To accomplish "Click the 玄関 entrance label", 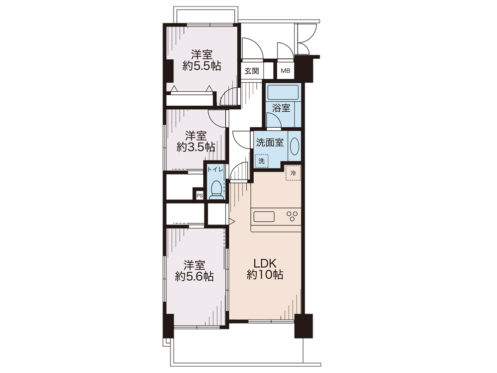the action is point(252,71).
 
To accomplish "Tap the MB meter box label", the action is point(285,71).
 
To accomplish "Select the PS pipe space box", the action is point(199,195).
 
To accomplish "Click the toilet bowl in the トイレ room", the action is point(216,189).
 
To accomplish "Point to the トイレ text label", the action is point(215,170).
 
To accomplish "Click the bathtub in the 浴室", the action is point(283,92).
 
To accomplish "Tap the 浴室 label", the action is point(281,108).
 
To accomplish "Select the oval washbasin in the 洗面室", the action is point(295,146).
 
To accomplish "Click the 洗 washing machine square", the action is point(261,161).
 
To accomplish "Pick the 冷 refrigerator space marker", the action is point(293,173).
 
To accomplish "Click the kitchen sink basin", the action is point(264,216).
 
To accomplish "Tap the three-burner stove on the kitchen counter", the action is point(292,216).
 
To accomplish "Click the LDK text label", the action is point(265,263).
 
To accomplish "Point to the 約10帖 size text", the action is point(265,275).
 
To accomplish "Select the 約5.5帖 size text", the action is point(201,66).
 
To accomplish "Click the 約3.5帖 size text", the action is point(196,147).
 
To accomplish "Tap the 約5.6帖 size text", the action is point(194,277).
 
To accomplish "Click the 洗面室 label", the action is point(270,143).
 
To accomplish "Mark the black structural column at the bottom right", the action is point(304,326).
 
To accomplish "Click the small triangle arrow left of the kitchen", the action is point(232,221).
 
